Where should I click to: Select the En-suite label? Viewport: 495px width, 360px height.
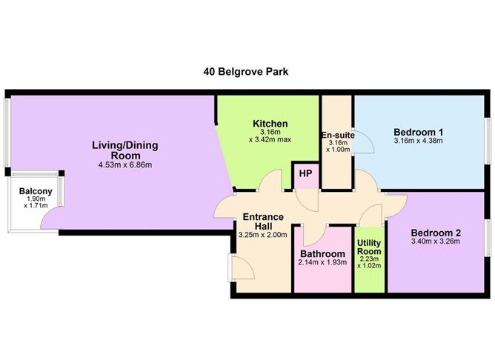[336, 136]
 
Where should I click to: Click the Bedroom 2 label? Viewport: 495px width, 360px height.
[435, 230]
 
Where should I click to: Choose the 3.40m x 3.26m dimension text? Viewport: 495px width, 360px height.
[435, 241]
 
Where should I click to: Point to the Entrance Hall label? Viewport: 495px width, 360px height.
[263, 221]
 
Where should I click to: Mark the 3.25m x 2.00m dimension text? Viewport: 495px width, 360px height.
[262, 236]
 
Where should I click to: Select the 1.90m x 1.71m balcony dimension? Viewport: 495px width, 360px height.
[35, 202]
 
